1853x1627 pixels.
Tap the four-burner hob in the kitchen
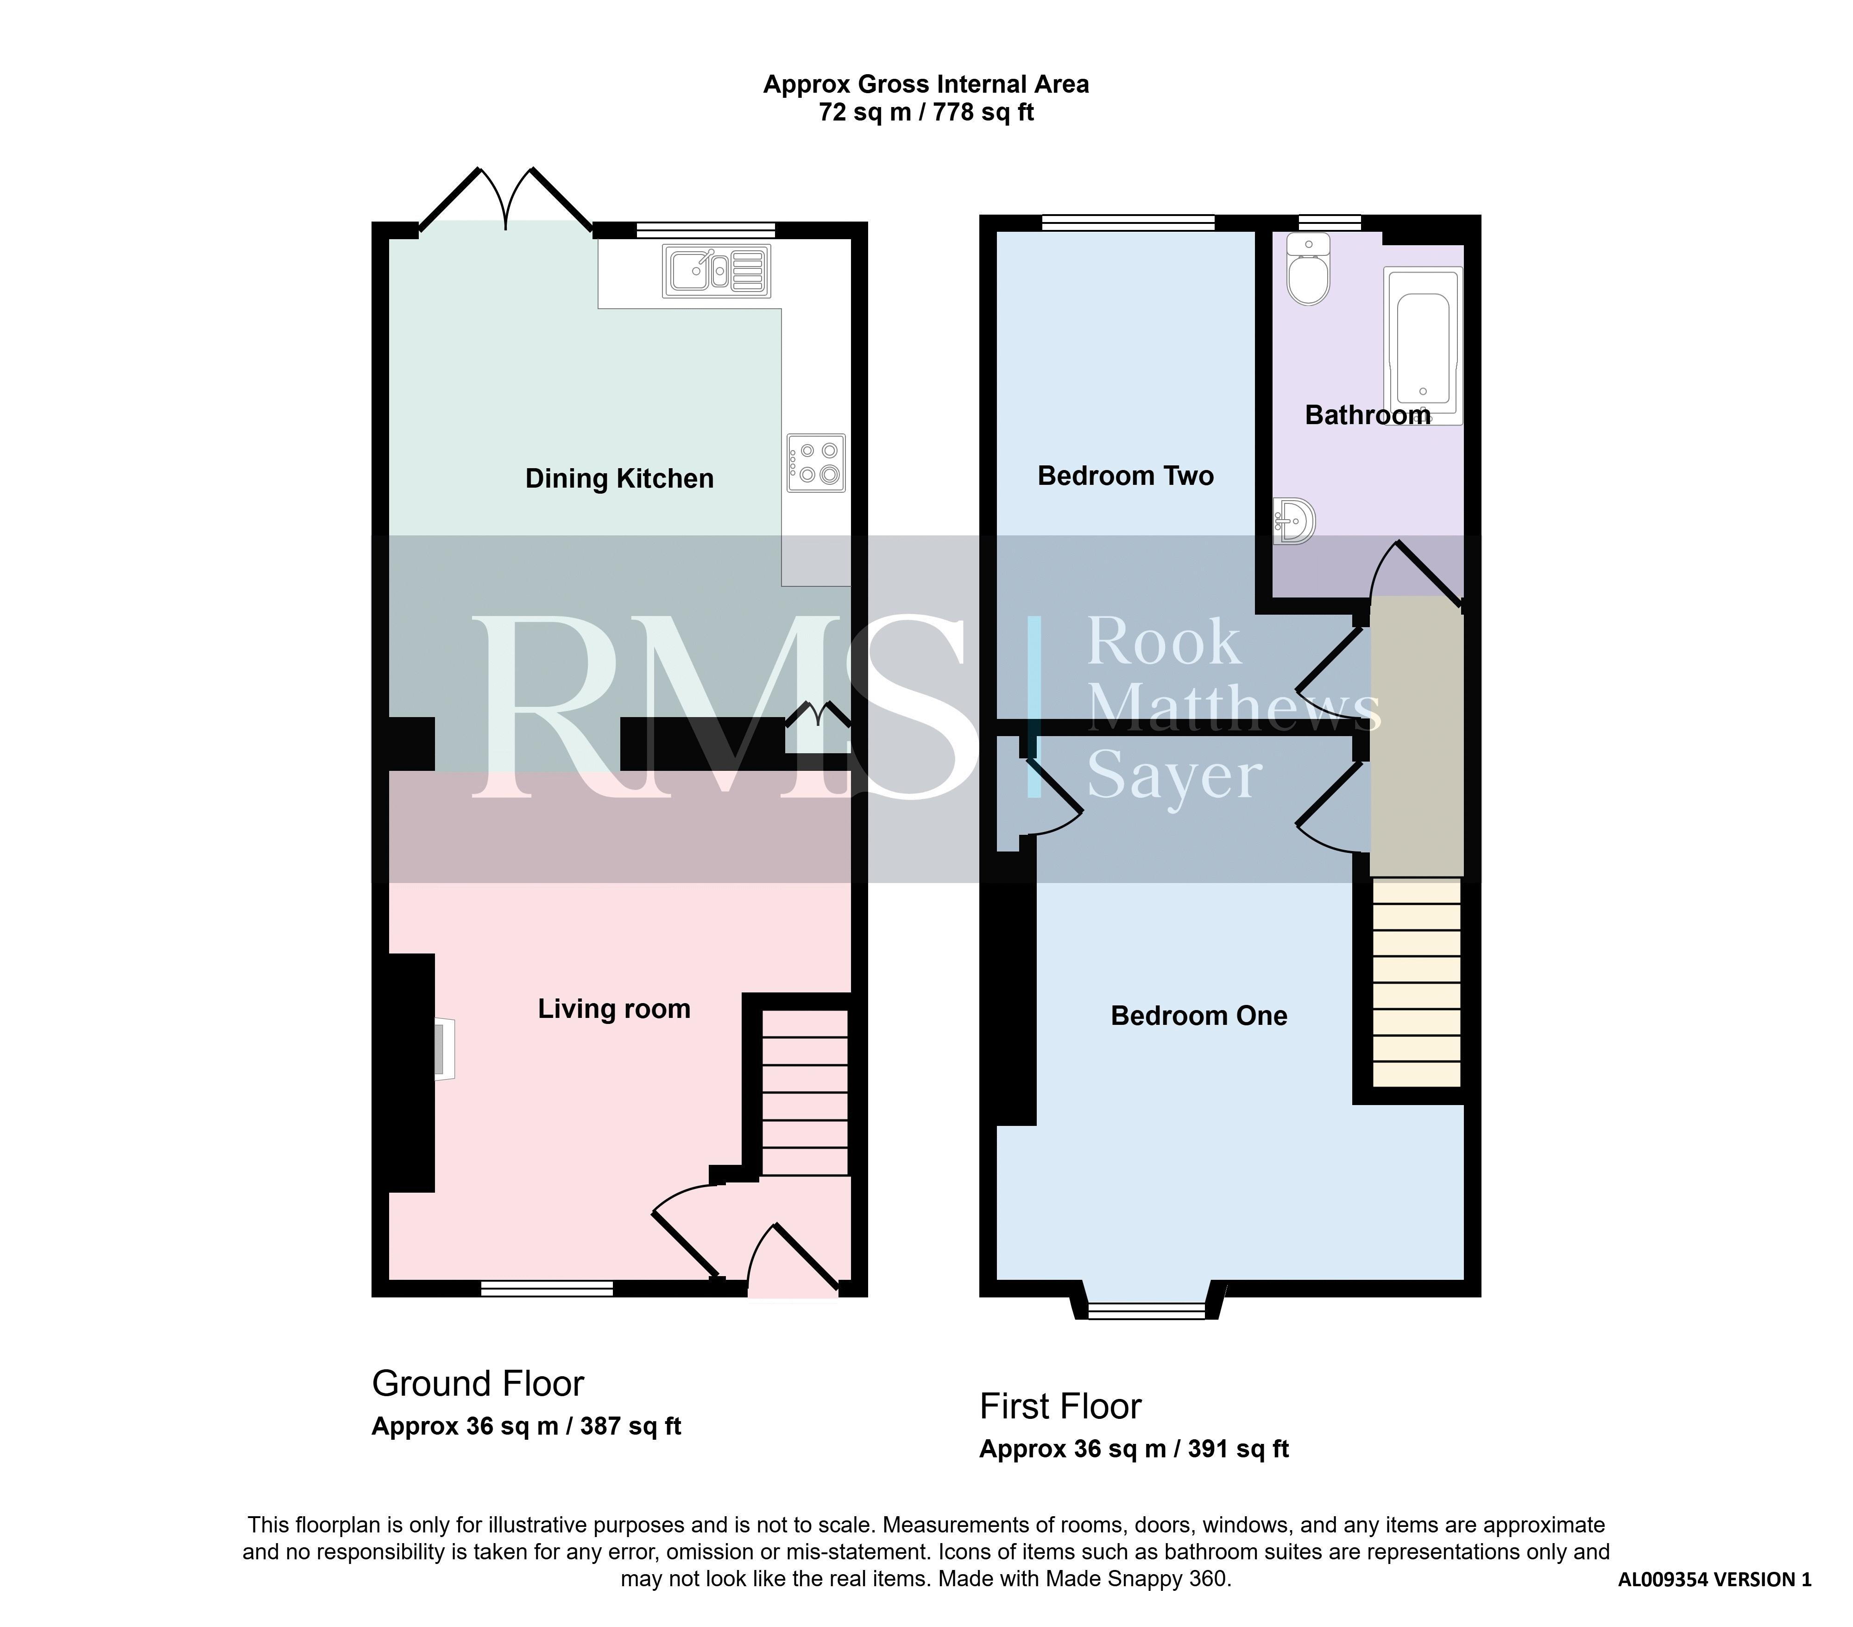816,464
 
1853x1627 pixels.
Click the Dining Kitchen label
619,479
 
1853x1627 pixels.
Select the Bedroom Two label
1125,476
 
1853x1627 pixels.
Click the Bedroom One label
1198,1016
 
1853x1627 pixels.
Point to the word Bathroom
1367,415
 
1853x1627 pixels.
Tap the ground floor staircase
804,1093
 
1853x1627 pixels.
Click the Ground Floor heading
478,1384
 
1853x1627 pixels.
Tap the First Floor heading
1060,1407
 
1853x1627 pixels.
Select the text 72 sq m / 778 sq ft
926,113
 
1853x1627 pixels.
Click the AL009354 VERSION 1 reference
1714,1579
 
